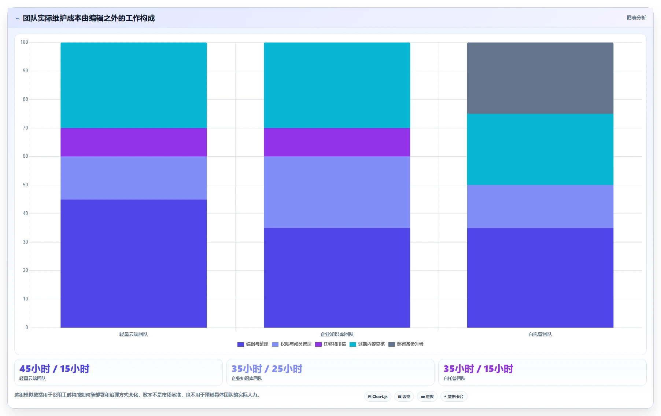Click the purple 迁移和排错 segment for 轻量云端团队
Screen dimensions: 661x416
[x=134, y=142]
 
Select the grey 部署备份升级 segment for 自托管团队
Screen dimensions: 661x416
[x=540, y=78]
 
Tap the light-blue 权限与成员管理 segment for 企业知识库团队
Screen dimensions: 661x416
[x=337, y=192]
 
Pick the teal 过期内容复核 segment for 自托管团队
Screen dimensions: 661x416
[x=540, y=149]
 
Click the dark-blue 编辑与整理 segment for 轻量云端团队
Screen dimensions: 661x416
[x=134, y=263]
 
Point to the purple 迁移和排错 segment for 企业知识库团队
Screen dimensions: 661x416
[x=337, y=142]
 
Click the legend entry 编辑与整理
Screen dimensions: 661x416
[x=253, y=344]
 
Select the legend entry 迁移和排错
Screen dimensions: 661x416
[x=330, y=344]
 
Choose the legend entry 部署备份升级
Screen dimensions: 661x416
[x=406, y=344]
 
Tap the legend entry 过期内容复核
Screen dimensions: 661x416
[x=367, y=344]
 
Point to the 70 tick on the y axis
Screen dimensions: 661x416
[x=25, y=128]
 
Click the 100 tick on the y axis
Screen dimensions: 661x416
[x=24, y=42]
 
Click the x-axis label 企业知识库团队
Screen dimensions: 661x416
[x=337, y=334]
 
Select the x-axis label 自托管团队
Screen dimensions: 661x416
[x=540, y=334]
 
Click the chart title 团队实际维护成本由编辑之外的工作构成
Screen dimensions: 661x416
[x=89, y=18]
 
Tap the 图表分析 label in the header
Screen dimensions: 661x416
[x=636, y=18]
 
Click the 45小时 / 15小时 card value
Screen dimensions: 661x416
[x=55, y=369]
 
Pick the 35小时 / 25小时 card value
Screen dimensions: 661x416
[x=267, y=369]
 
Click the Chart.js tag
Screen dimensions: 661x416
[x=378, y=397]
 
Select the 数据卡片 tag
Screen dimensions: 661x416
[x=454, y=397]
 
